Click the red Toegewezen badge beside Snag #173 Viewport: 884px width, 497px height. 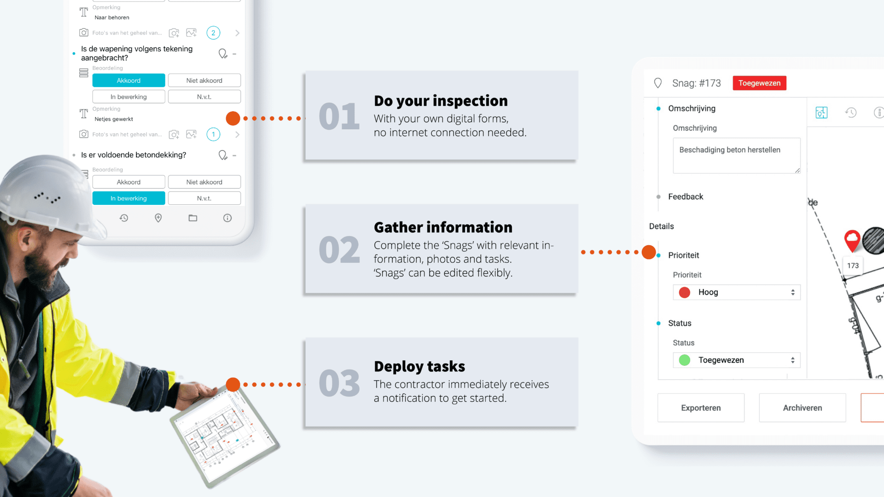(759, 83)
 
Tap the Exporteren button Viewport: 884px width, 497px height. (701, 408)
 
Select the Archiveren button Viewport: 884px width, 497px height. (802, 408)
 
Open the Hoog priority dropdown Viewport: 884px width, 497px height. (737, 292)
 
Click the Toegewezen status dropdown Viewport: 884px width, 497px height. (737, 360)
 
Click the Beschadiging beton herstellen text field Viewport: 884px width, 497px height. (736, 156)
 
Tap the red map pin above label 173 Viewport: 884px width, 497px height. (852, 240)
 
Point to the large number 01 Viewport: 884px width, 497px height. (339, 116)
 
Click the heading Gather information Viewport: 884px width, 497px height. (443, 227)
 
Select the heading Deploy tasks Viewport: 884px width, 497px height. (419, 366)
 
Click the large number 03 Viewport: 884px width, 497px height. (339, 383)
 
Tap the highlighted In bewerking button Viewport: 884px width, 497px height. (128, 198)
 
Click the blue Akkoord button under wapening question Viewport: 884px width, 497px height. (128, 81)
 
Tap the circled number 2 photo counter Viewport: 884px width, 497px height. (213, 33)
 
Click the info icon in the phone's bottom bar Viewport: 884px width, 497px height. (227, 218)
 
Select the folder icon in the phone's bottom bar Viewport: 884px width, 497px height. (193, 218)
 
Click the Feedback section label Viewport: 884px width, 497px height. (686, 197)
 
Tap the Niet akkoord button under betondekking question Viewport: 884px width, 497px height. (204, 182)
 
